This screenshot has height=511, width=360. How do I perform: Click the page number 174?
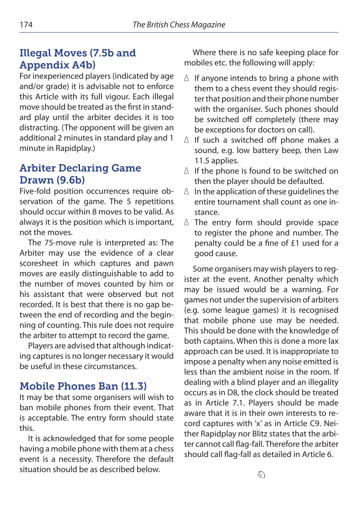(x=26, y=25)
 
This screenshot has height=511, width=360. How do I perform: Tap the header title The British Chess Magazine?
(x=179, y=25)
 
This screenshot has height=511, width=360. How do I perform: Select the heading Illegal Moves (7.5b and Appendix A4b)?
(x=78, y=59)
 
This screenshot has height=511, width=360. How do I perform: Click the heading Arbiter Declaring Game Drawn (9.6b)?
(x=80, y=174)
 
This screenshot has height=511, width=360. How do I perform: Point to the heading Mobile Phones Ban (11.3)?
(x=83, y=386)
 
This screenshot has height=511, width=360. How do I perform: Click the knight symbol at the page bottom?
(x=261, y=474)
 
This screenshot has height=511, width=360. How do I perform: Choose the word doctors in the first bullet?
(x=271, y=130)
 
